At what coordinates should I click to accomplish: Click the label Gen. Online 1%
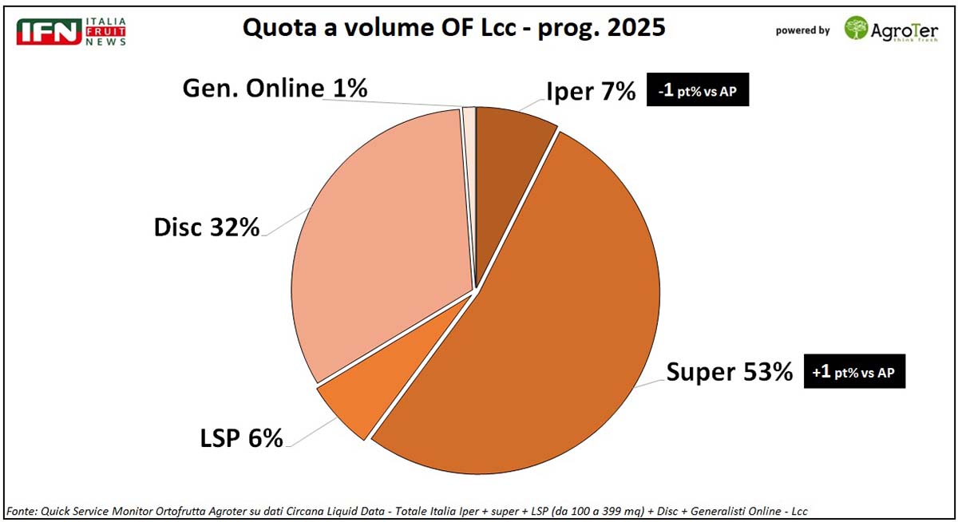point(275,88)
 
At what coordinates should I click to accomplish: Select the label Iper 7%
point(591,93)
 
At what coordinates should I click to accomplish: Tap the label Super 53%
point(730,372)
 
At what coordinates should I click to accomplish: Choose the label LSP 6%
point(241,438)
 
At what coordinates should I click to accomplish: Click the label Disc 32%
point(207,227)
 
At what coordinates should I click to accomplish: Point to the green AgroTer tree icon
point(857,30)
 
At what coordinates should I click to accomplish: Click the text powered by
point(802,30)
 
